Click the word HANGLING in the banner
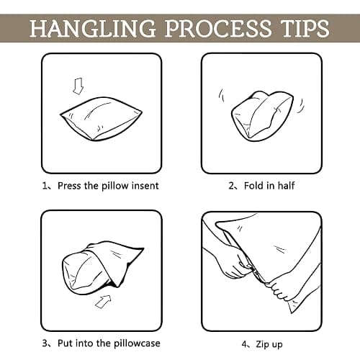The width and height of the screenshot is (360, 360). (92, 28)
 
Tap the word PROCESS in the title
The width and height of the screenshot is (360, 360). (218, 28)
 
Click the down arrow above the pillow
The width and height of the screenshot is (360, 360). (78, 86)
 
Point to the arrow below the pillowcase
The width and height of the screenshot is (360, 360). (103, 302)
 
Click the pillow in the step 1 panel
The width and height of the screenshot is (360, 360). (101, 119)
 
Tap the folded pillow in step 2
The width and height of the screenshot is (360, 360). (262, 116)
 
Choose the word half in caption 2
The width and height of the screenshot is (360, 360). (286, 186)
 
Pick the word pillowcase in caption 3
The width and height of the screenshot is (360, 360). (137, 343)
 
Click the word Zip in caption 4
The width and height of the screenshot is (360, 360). (263, 344)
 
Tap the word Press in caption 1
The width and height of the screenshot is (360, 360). (69, 186)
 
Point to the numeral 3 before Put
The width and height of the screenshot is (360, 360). (45, 343)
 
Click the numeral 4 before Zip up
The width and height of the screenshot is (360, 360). (244, 344)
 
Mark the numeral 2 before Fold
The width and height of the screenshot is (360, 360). (231, 186)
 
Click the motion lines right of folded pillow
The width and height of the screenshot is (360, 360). (301, 105)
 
